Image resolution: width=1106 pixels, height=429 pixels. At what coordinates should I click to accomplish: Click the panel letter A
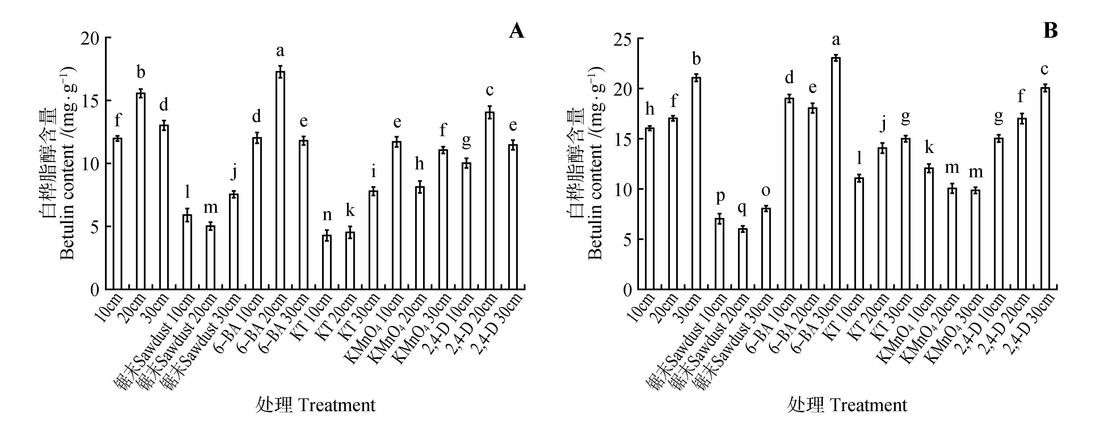[x=516, y=31]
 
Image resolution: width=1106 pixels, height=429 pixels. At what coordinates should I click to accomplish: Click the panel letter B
[x=1050, y=31]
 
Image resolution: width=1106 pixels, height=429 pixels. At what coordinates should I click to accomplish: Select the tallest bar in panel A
[x=280, y=180]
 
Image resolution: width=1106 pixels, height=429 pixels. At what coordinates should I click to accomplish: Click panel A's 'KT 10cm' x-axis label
[x=316, y=312]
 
